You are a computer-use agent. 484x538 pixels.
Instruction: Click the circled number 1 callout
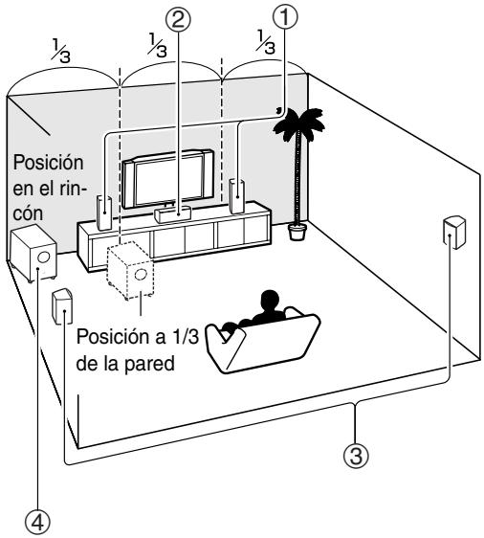284,16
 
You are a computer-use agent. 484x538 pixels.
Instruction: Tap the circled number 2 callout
178,19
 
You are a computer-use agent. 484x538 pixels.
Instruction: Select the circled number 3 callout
356,456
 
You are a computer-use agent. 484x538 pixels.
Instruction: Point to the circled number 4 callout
37,524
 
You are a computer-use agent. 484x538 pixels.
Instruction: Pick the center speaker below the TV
172,213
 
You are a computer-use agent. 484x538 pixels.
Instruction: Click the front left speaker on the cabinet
104,213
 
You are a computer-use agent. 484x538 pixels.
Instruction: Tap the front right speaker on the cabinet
237,195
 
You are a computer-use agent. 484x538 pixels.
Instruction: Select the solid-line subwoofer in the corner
33,253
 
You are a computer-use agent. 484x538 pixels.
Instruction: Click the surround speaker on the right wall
454,233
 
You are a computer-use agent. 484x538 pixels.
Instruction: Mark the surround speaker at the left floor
62,306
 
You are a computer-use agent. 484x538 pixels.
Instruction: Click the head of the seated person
270,301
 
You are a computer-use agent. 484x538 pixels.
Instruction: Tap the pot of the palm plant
297,232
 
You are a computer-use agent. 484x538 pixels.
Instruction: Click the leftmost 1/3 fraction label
60,51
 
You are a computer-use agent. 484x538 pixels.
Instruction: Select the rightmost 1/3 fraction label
265,42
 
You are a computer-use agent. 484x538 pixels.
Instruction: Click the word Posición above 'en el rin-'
48,163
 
